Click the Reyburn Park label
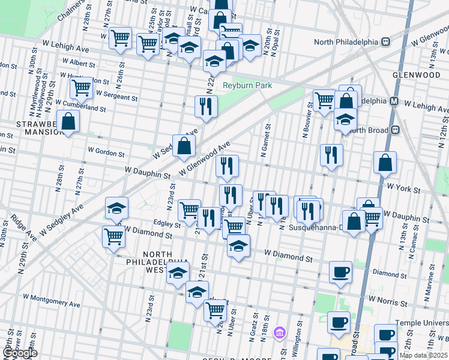click(247, 85)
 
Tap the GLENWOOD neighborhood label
click(417, 75)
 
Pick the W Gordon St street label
click(106, 152)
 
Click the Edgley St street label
click(167, 224)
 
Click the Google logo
click(20, 353)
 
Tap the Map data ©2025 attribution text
click(424, 355)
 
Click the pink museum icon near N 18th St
click(278, 332)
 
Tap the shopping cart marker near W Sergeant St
click(80, 88)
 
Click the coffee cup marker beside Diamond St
click(340, 271)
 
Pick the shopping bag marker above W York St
click(384, 161)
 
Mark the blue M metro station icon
click(395, 101)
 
